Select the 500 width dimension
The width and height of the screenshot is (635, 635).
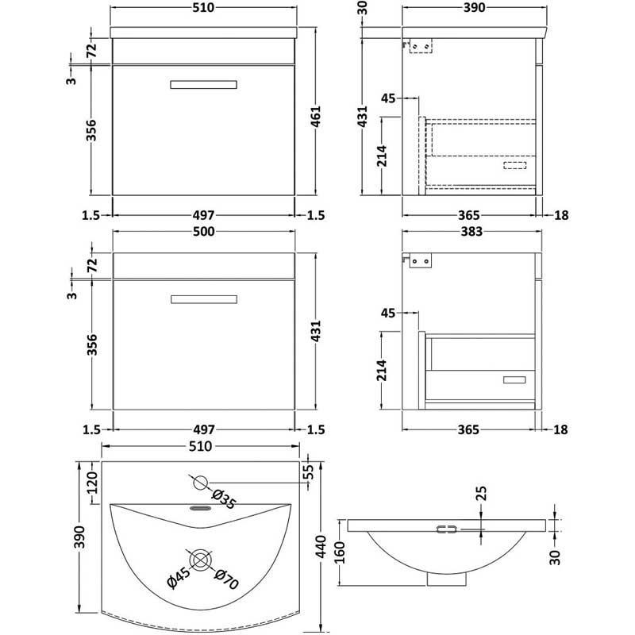coord(206,221)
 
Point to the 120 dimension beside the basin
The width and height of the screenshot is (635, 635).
coord(92,482)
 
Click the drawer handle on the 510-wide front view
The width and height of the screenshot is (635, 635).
coord(203,83)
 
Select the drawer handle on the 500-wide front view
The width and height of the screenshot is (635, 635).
coord(203,298)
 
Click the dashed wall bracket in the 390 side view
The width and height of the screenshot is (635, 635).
coord(419,48)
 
